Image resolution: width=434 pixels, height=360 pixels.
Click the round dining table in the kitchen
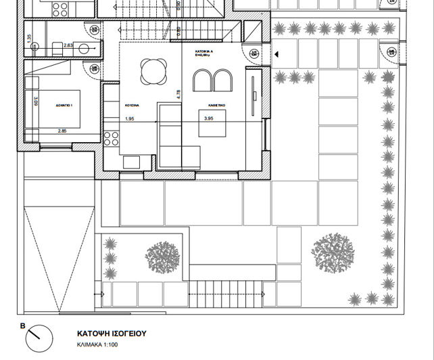tap(151, 70)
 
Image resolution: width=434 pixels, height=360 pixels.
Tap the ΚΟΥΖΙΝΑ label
tap(131, 106)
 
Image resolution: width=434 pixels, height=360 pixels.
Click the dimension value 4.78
tap(178, 94)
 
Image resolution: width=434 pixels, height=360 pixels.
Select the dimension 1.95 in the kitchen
tap(130, 118)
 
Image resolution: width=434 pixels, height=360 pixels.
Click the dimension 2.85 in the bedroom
tap(62, 130)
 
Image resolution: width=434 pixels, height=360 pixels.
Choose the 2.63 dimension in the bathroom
tap(68, 45)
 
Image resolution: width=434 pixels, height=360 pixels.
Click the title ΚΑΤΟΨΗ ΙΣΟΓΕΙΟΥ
tap(112, 334)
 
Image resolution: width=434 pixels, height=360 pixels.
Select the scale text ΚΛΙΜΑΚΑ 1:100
tap(103, 344)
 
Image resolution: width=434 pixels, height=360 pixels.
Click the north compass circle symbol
tap(41, 334)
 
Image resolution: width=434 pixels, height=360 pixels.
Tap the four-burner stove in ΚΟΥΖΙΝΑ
tap(112, 139)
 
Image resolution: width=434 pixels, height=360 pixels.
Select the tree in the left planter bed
tap(163, 256)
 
